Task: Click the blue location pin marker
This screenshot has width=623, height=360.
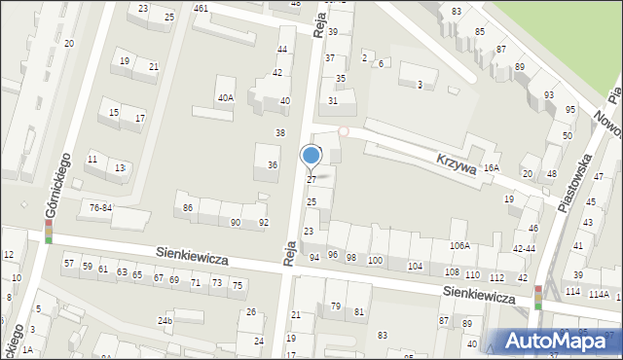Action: (311, 156)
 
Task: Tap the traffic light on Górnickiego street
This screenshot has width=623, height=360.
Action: (48, 231)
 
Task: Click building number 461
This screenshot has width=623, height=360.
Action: (201, 9)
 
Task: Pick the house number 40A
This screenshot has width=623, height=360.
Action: (226, 97)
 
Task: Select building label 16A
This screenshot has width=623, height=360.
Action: (491, 167)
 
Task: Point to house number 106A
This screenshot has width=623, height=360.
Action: (459, 246)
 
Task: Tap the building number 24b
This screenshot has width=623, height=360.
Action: (165, 320)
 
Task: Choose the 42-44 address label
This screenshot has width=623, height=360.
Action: (526, 249)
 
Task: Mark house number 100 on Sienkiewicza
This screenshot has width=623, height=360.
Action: (376, 260)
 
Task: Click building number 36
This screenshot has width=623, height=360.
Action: (273, 165)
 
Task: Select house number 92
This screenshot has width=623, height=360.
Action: (264, 223)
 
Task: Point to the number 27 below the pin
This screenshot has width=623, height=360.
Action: (311, 180)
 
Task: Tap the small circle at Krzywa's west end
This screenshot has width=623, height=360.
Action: (343, 131)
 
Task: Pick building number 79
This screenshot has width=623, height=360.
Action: (336, 306)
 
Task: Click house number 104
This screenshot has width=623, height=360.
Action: (416, 266)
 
